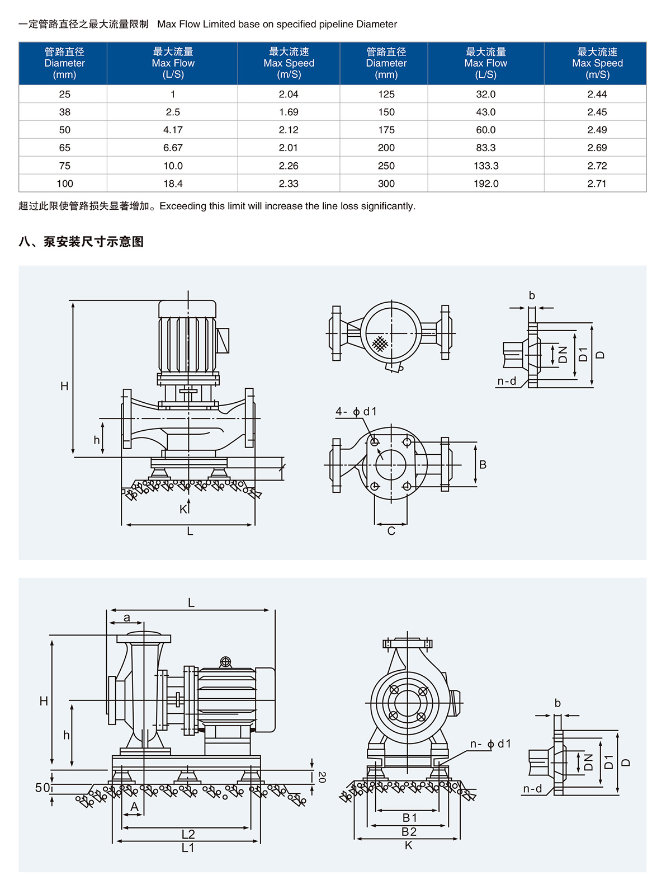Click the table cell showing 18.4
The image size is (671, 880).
(x=173, y=183)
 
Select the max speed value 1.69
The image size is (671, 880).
(x=289, y=112)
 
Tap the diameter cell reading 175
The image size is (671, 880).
(x=386, y=130)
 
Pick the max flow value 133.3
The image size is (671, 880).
(x=485, y=166)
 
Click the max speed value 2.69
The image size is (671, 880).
(x=597, y=148)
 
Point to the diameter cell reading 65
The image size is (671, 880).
(x=64, y=148)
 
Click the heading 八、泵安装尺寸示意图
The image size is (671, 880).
(x=81, y=242)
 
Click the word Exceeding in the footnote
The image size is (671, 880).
(x=183, y=206)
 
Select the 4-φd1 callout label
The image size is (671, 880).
(x=356, y=412)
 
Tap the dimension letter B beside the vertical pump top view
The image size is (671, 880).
(x=483, y=464)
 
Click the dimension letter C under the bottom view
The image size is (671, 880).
(x=391, y=531)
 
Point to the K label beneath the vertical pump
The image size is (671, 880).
(x=183, y=509)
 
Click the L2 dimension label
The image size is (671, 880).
(x=188, y=834)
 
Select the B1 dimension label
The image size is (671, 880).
(x=409, y=817)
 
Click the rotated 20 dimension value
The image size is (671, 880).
(x=322, y=777)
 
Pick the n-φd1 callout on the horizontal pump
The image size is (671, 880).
(x=490, y=743)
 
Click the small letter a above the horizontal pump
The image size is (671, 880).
(x=127, y=618)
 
